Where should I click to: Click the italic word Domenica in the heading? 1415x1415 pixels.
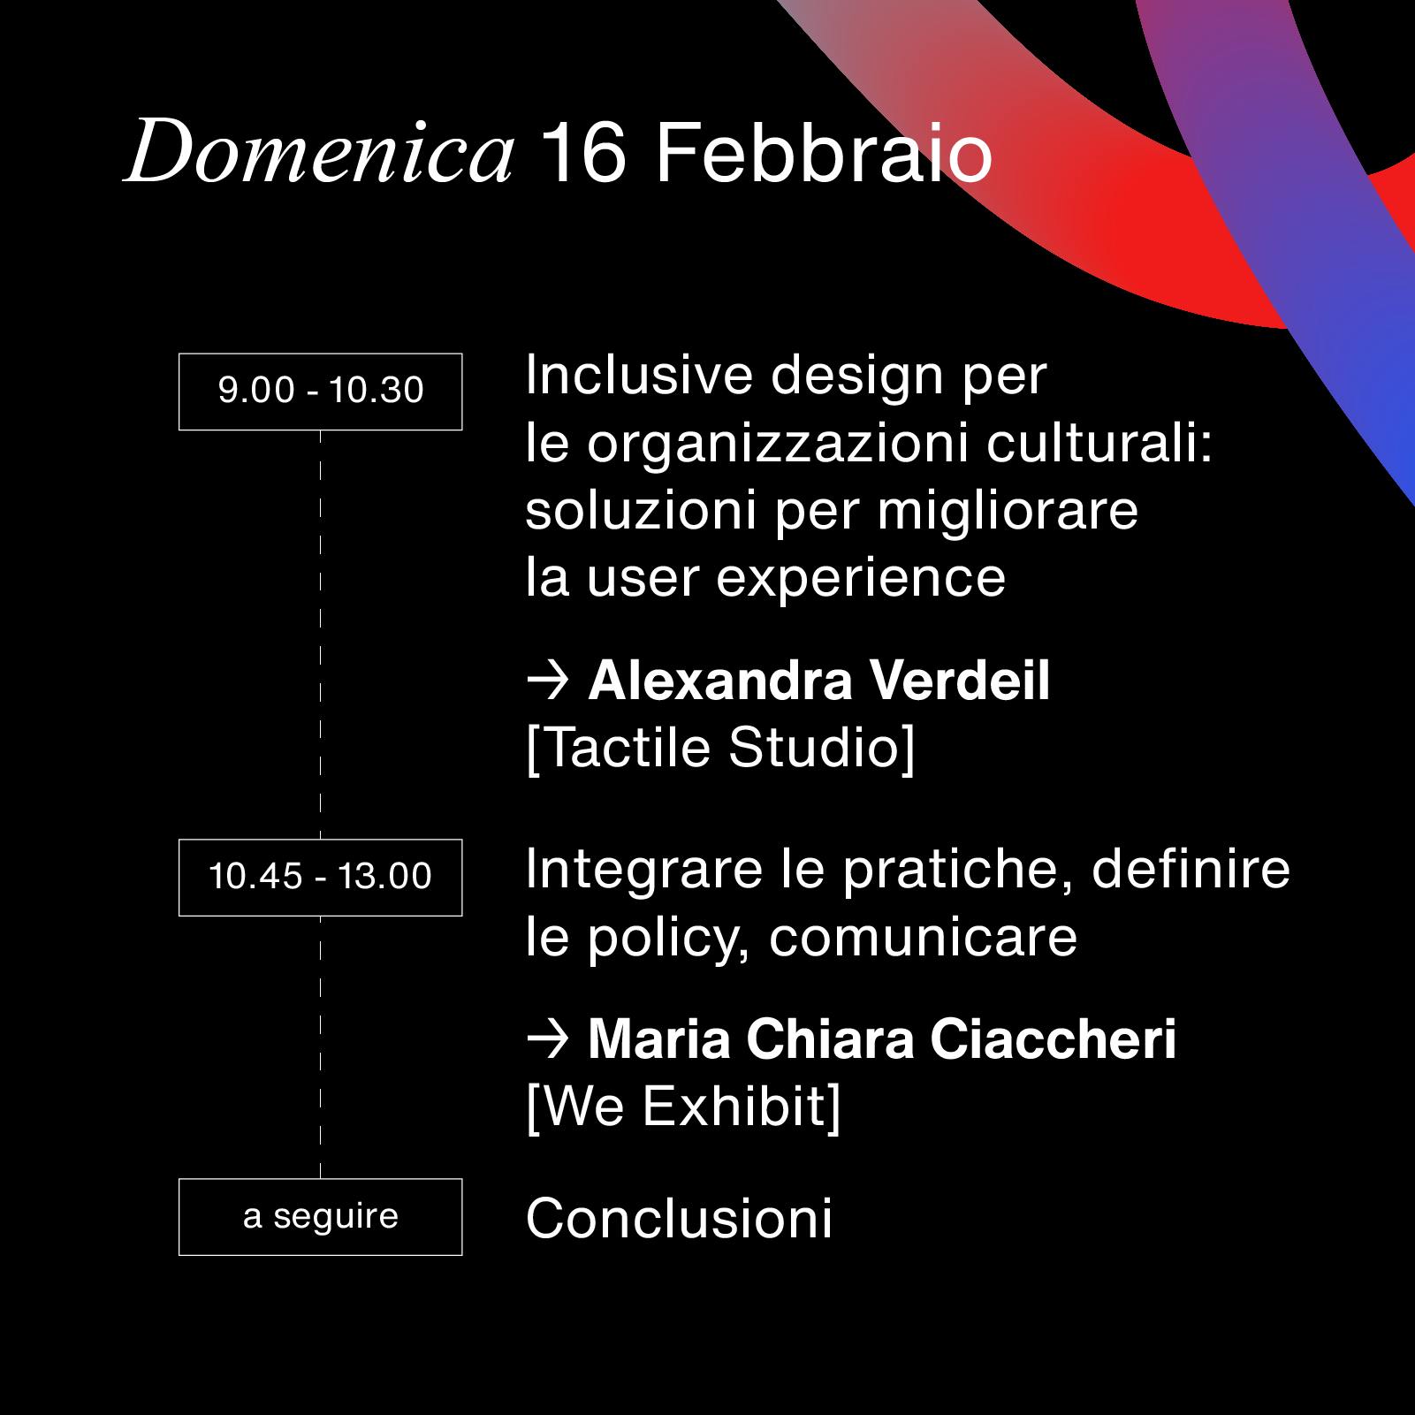(x=319, y=154)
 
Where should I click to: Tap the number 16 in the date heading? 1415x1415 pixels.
(x=584, y=154)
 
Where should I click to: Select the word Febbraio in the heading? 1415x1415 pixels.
(x=824, y=154)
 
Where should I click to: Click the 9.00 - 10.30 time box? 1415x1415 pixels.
(x=321, y=392)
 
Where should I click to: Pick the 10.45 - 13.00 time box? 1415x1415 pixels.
(x=321, y=878)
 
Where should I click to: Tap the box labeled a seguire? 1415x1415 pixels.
(x=321, y=1217)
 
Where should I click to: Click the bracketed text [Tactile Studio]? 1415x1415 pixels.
(x=720, y=749)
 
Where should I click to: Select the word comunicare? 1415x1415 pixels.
(x=923, y=938)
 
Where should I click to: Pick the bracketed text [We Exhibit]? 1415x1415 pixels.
(x=683, y=1107)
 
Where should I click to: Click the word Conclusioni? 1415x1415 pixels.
(x=679, y=1219)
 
